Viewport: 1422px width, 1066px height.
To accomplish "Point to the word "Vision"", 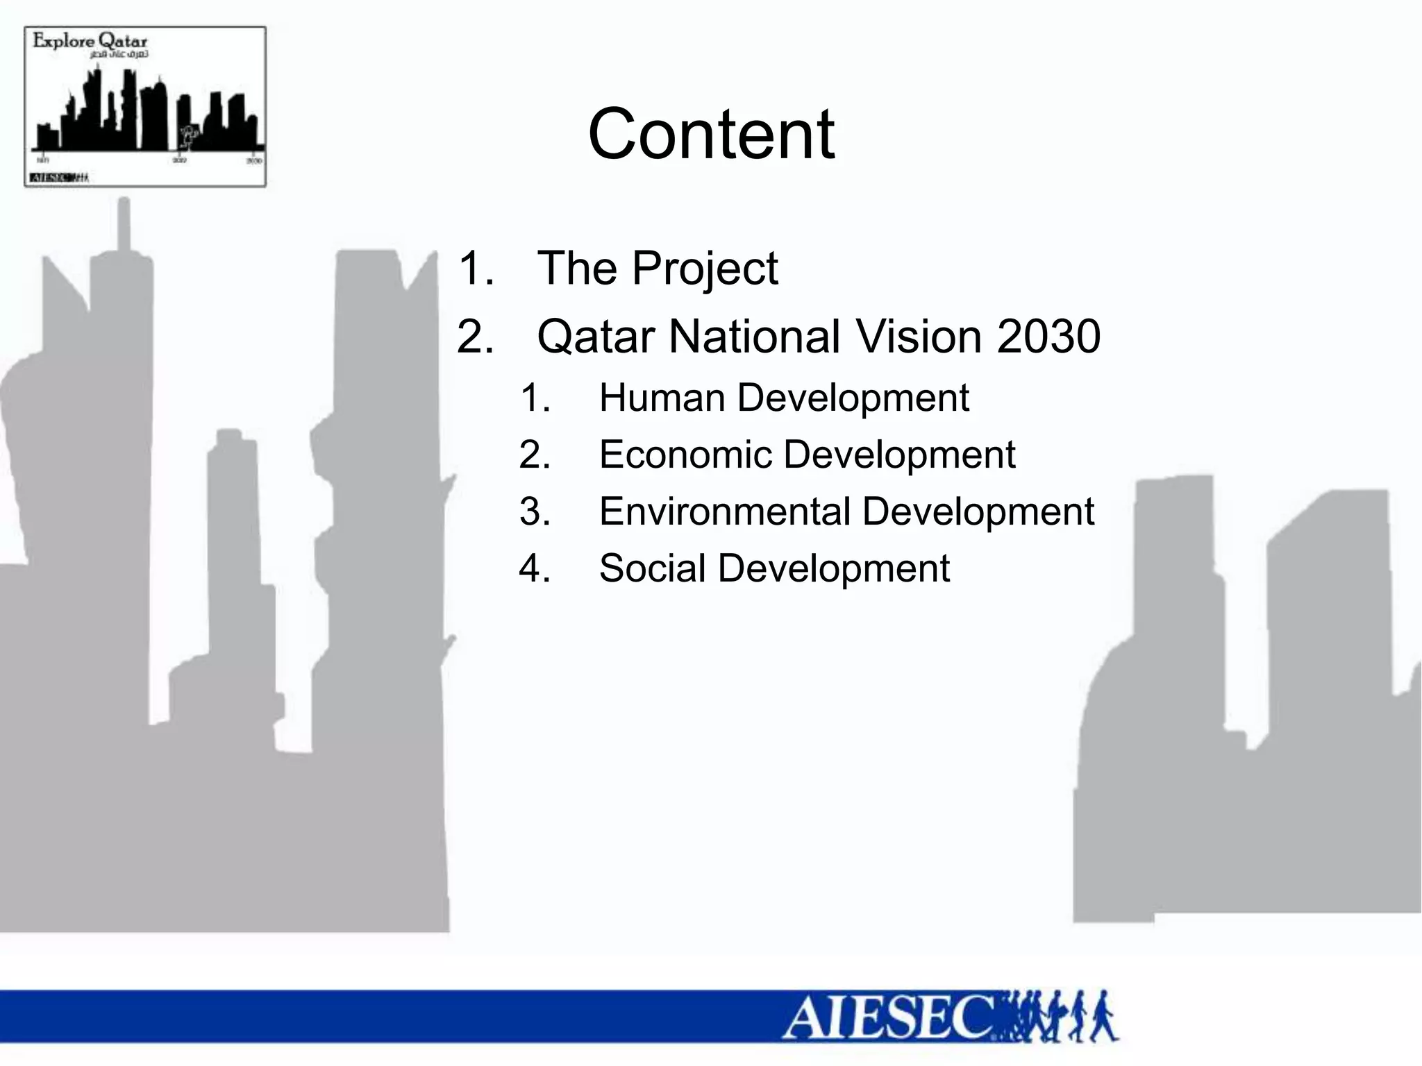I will pyautogui.click(x=919, y=337).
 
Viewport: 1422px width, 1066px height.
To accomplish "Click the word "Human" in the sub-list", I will pyautogui.click(x=662, y=398).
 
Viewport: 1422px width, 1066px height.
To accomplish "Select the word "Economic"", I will pyautogui.click(x=685, y=455).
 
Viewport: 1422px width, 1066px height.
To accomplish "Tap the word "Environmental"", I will pyautogui.click(x=725, y=511).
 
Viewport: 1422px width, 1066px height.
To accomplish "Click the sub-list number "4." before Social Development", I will pyautogui.click(x=535, y=568).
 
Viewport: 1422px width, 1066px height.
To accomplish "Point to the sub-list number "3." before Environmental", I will pyautogui.click(x=535, y=511).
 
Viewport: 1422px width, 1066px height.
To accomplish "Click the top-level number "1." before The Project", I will pyautogui.click(x=476, y=269).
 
